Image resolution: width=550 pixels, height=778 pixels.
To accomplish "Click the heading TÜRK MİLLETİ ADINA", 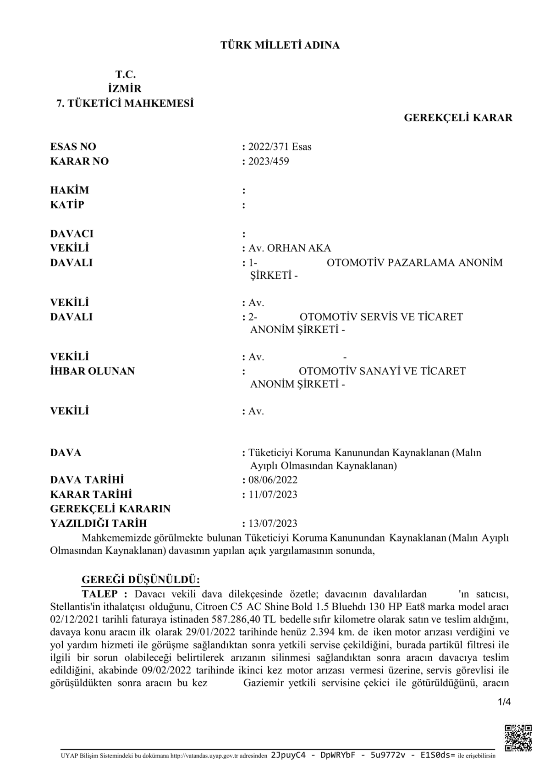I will [280, 45].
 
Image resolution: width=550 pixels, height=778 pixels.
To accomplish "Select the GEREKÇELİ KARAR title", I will [458, 118].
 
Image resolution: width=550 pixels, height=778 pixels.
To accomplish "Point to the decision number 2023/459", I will [269, 161].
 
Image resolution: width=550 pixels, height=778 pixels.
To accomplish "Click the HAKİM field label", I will [70, 190].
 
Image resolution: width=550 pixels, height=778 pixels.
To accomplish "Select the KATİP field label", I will [67, 205].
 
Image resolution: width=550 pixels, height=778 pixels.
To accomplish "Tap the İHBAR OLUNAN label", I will [93, 371].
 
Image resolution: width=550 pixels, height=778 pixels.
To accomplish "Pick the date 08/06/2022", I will [273, 480].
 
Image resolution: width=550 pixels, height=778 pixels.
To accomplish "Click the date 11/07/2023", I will [273, 495].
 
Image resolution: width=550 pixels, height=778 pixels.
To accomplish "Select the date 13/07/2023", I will [273, 524].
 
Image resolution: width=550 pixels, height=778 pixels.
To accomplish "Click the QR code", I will [518, 737].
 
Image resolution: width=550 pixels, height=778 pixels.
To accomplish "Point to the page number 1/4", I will [504, 702].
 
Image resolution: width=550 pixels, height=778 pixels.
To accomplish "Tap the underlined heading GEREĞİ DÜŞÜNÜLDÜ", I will [140, 579].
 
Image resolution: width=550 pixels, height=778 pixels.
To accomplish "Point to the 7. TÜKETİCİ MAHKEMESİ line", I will [125, 104].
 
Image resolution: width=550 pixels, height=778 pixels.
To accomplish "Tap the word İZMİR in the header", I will [125, 88].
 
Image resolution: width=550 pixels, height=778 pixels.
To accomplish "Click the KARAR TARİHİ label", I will [91, 495].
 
